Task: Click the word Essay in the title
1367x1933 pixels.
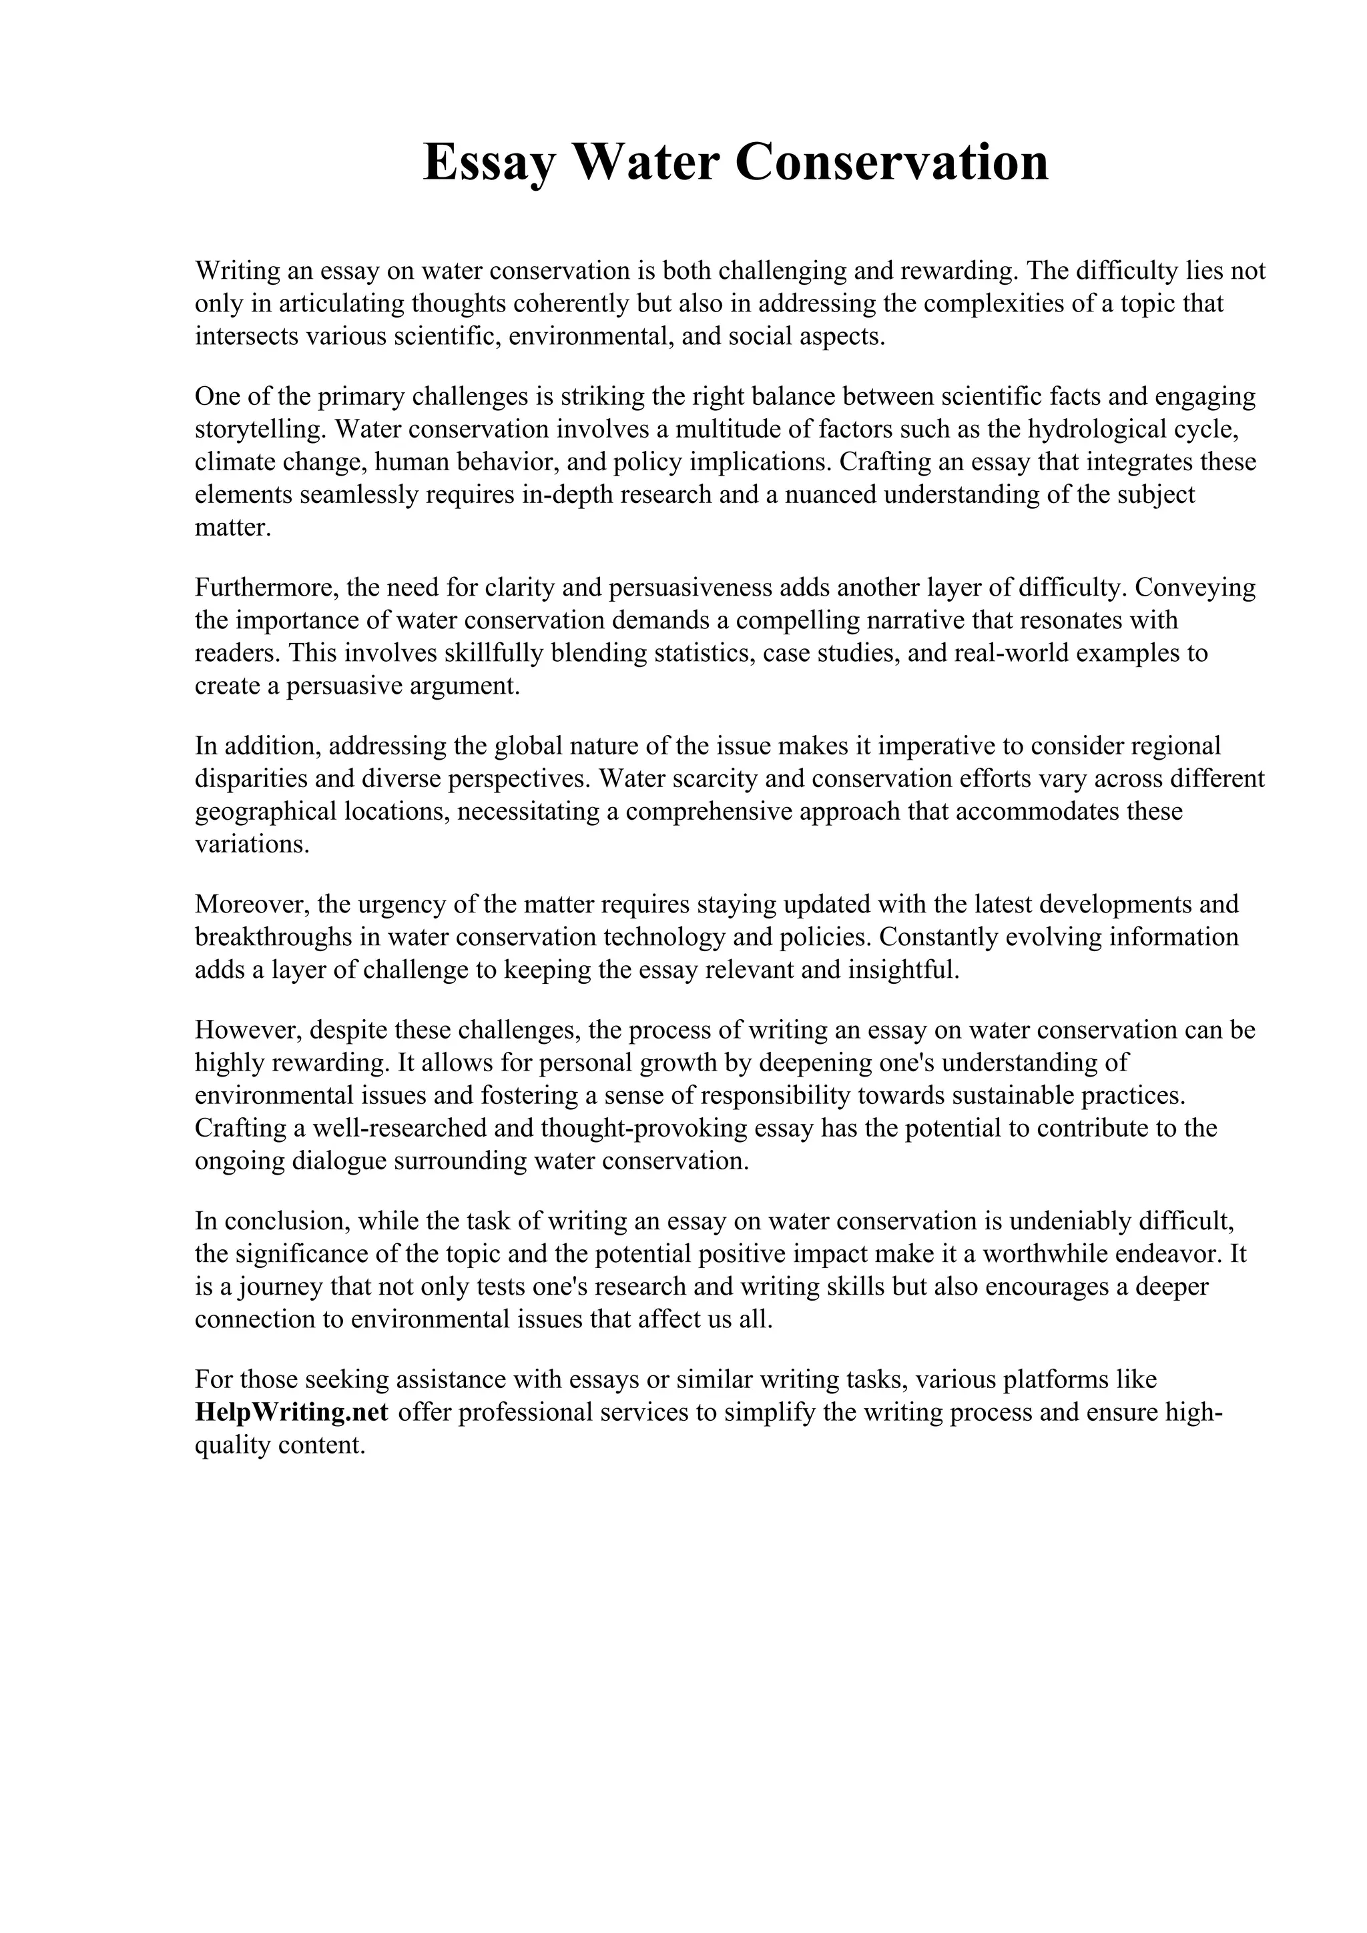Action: tap(489, 163)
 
